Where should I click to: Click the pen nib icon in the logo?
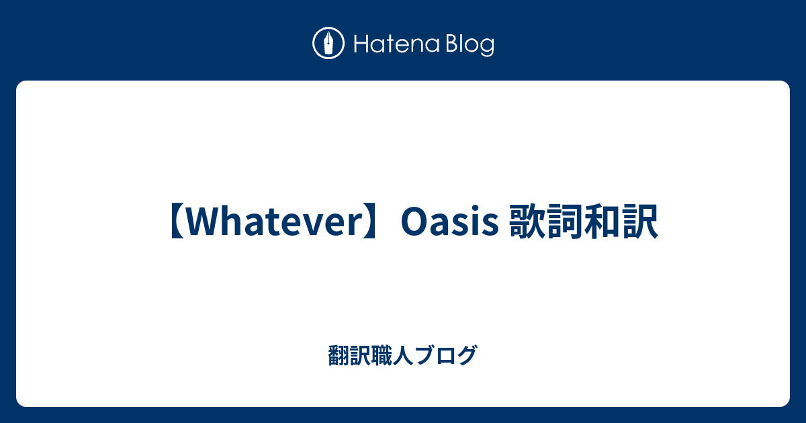pyautogui.click(x=328, y=44)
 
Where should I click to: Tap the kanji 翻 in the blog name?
pyautogui.click(x=338, y=355)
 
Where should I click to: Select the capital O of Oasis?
pyautogui.click(x=413, y=222)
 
